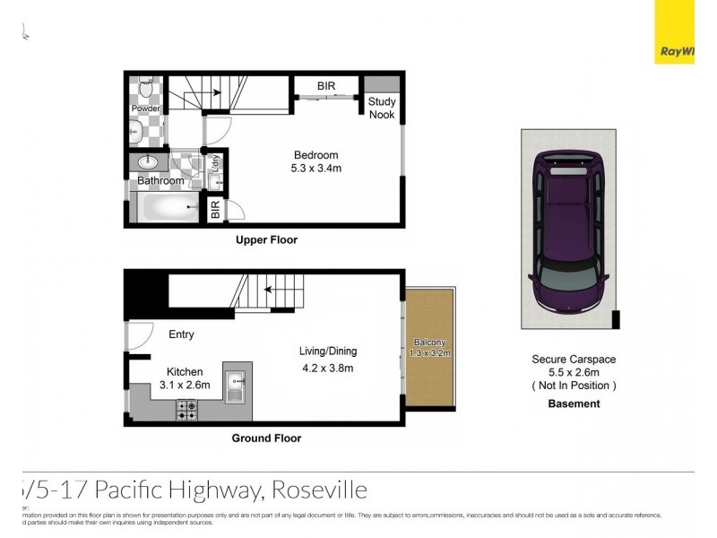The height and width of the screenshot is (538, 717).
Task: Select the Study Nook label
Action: [382, 108]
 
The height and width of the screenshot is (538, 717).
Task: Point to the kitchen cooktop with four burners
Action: [187, 411]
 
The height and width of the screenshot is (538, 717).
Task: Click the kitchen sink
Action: [238, 388]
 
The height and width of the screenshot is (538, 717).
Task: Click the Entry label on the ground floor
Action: [181, 334]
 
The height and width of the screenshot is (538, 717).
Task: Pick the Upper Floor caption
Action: [266, 240]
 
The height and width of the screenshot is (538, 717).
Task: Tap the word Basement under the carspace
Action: [574, 403]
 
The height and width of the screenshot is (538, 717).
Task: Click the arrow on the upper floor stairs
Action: [215, 90]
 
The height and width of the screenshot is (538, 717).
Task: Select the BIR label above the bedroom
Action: [326, 86]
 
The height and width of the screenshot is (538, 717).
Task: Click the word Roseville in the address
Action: [318, 490]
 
